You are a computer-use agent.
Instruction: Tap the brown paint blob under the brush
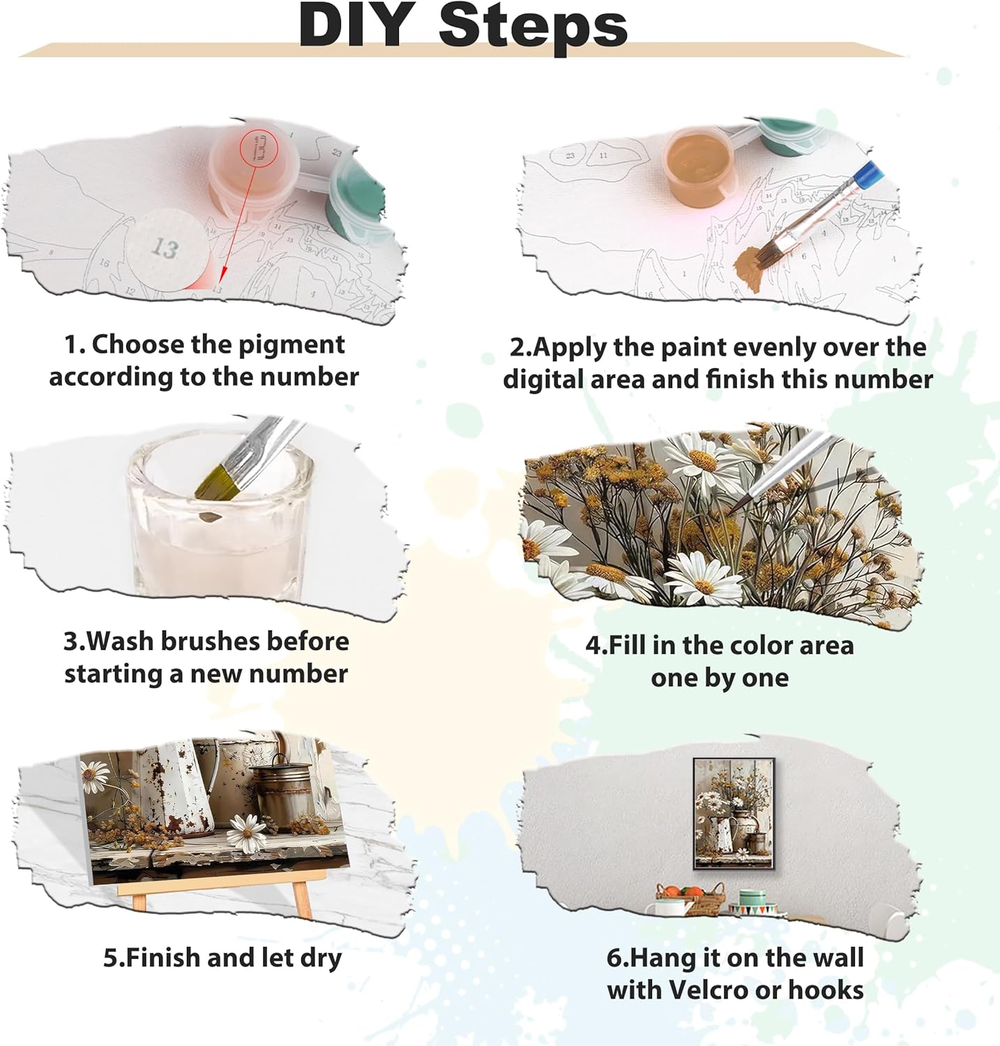(752, 269)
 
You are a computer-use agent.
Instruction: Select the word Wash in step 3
(126, 641)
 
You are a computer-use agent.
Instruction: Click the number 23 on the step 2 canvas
(570, 155)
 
